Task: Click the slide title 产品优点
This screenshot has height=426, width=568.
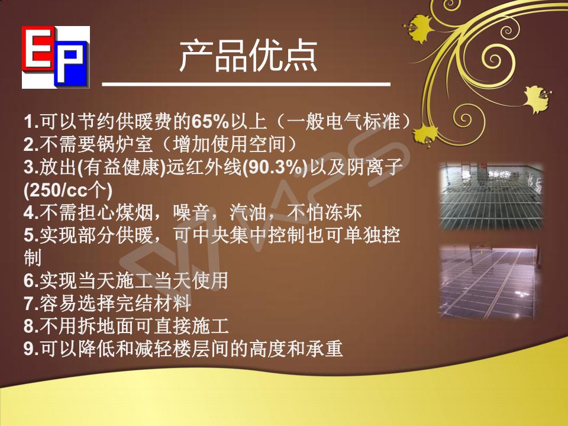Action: [x=248, y=57]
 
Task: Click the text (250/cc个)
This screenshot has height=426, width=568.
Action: [x=67, y=191]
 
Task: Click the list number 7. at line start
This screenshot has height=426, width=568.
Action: [x=31, y=304]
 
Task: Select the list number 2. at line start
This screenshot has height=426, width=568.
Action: [x=31, y=145]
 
